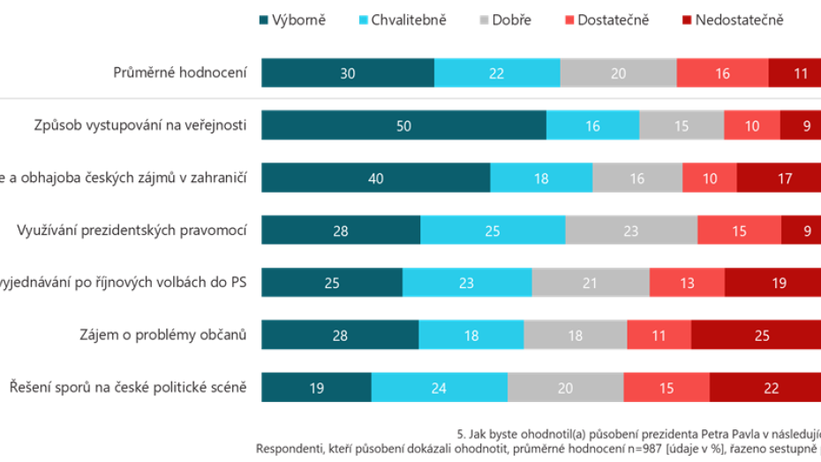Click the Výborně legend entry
(x=290, y=19)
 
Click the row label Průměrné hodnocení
(x=181, y=73)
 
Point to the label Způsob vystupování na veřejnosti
(x=135, y=126)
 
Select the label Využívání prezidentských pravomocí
(x=132, y=231)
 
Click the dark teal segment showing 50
(x=403, y=126)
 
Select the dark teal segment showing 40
(x=375, y=178)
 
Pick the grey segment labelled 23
(x=631, y=231)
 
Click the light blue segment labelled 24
(x=439, y=387)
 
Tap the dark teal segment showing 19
(x=315, y=387)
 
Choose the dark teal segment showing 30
(x=347, y=73)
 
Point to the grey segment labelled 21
(x=590, y=283)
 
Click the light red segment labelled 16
(x=722, y=73)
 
